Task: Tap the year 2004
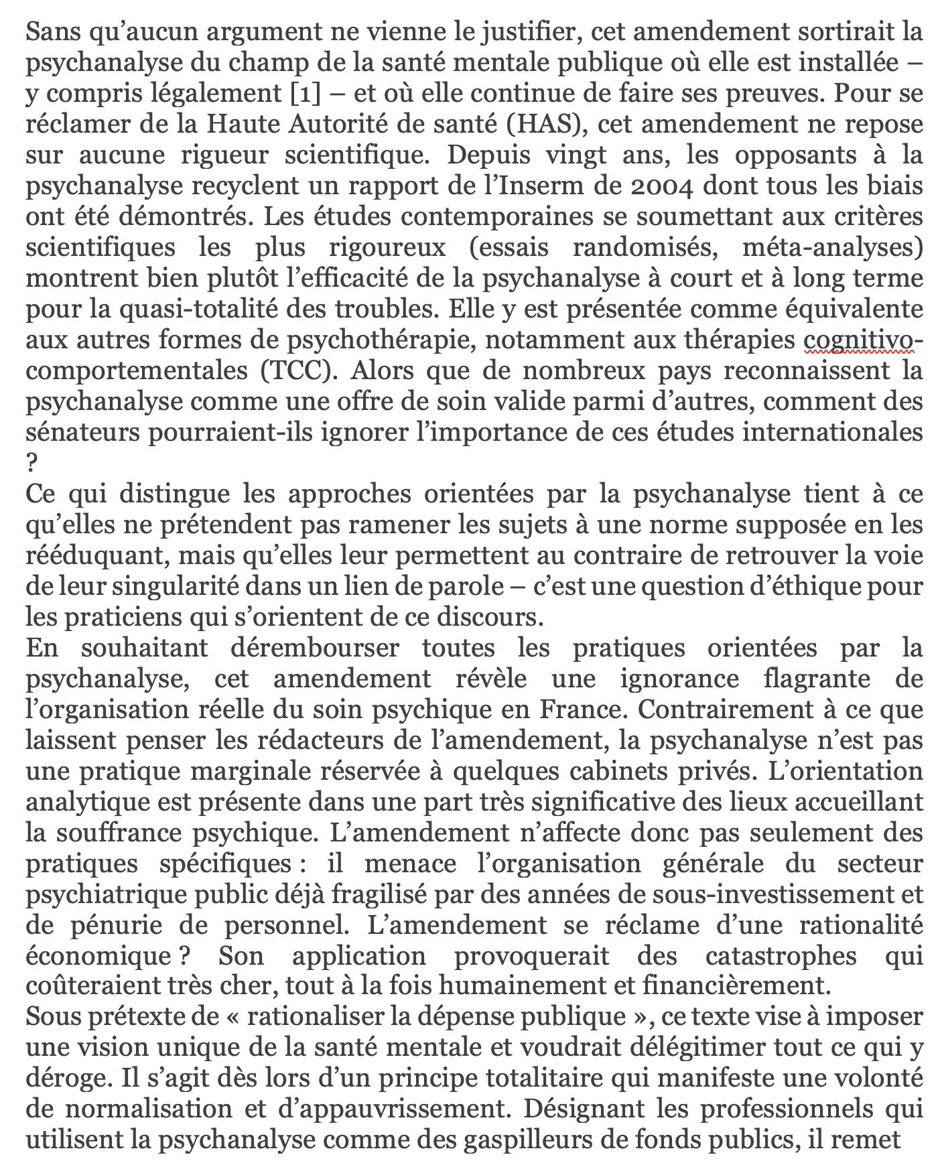666,186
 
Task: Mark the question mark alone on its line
32,463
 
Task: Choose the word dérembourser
315,648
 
